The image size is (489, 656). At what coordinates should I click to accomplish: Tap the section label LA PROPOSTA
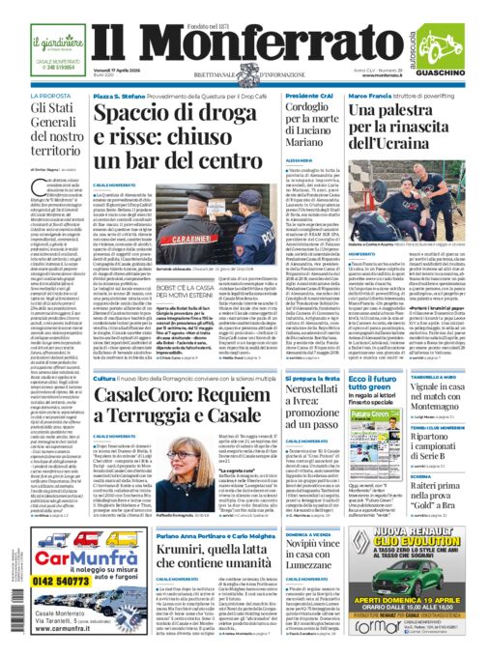pos(28,97)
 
